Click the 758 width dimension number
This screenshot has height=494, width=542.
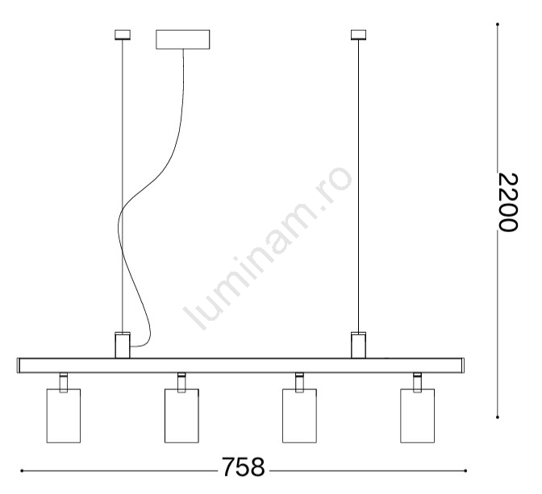click(243, 467)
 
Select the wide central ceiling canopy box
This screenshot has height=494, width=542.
click(182, 39)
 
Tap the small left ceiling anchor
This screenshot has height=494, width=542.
click(123, 35)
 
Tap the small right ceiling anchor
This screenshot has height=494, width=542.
click(358, 35)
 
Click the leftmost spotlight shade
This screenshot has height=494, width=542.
click(64, 416)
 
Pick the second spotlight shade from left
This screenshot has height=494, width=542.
click(181, 416)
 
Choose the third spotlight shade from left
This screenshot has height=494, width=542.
click(299, 416)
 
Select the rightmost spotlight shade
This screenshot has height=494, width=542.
click(418, 416)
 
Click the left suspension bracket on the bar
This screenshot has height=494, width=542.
click(123, 345)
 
